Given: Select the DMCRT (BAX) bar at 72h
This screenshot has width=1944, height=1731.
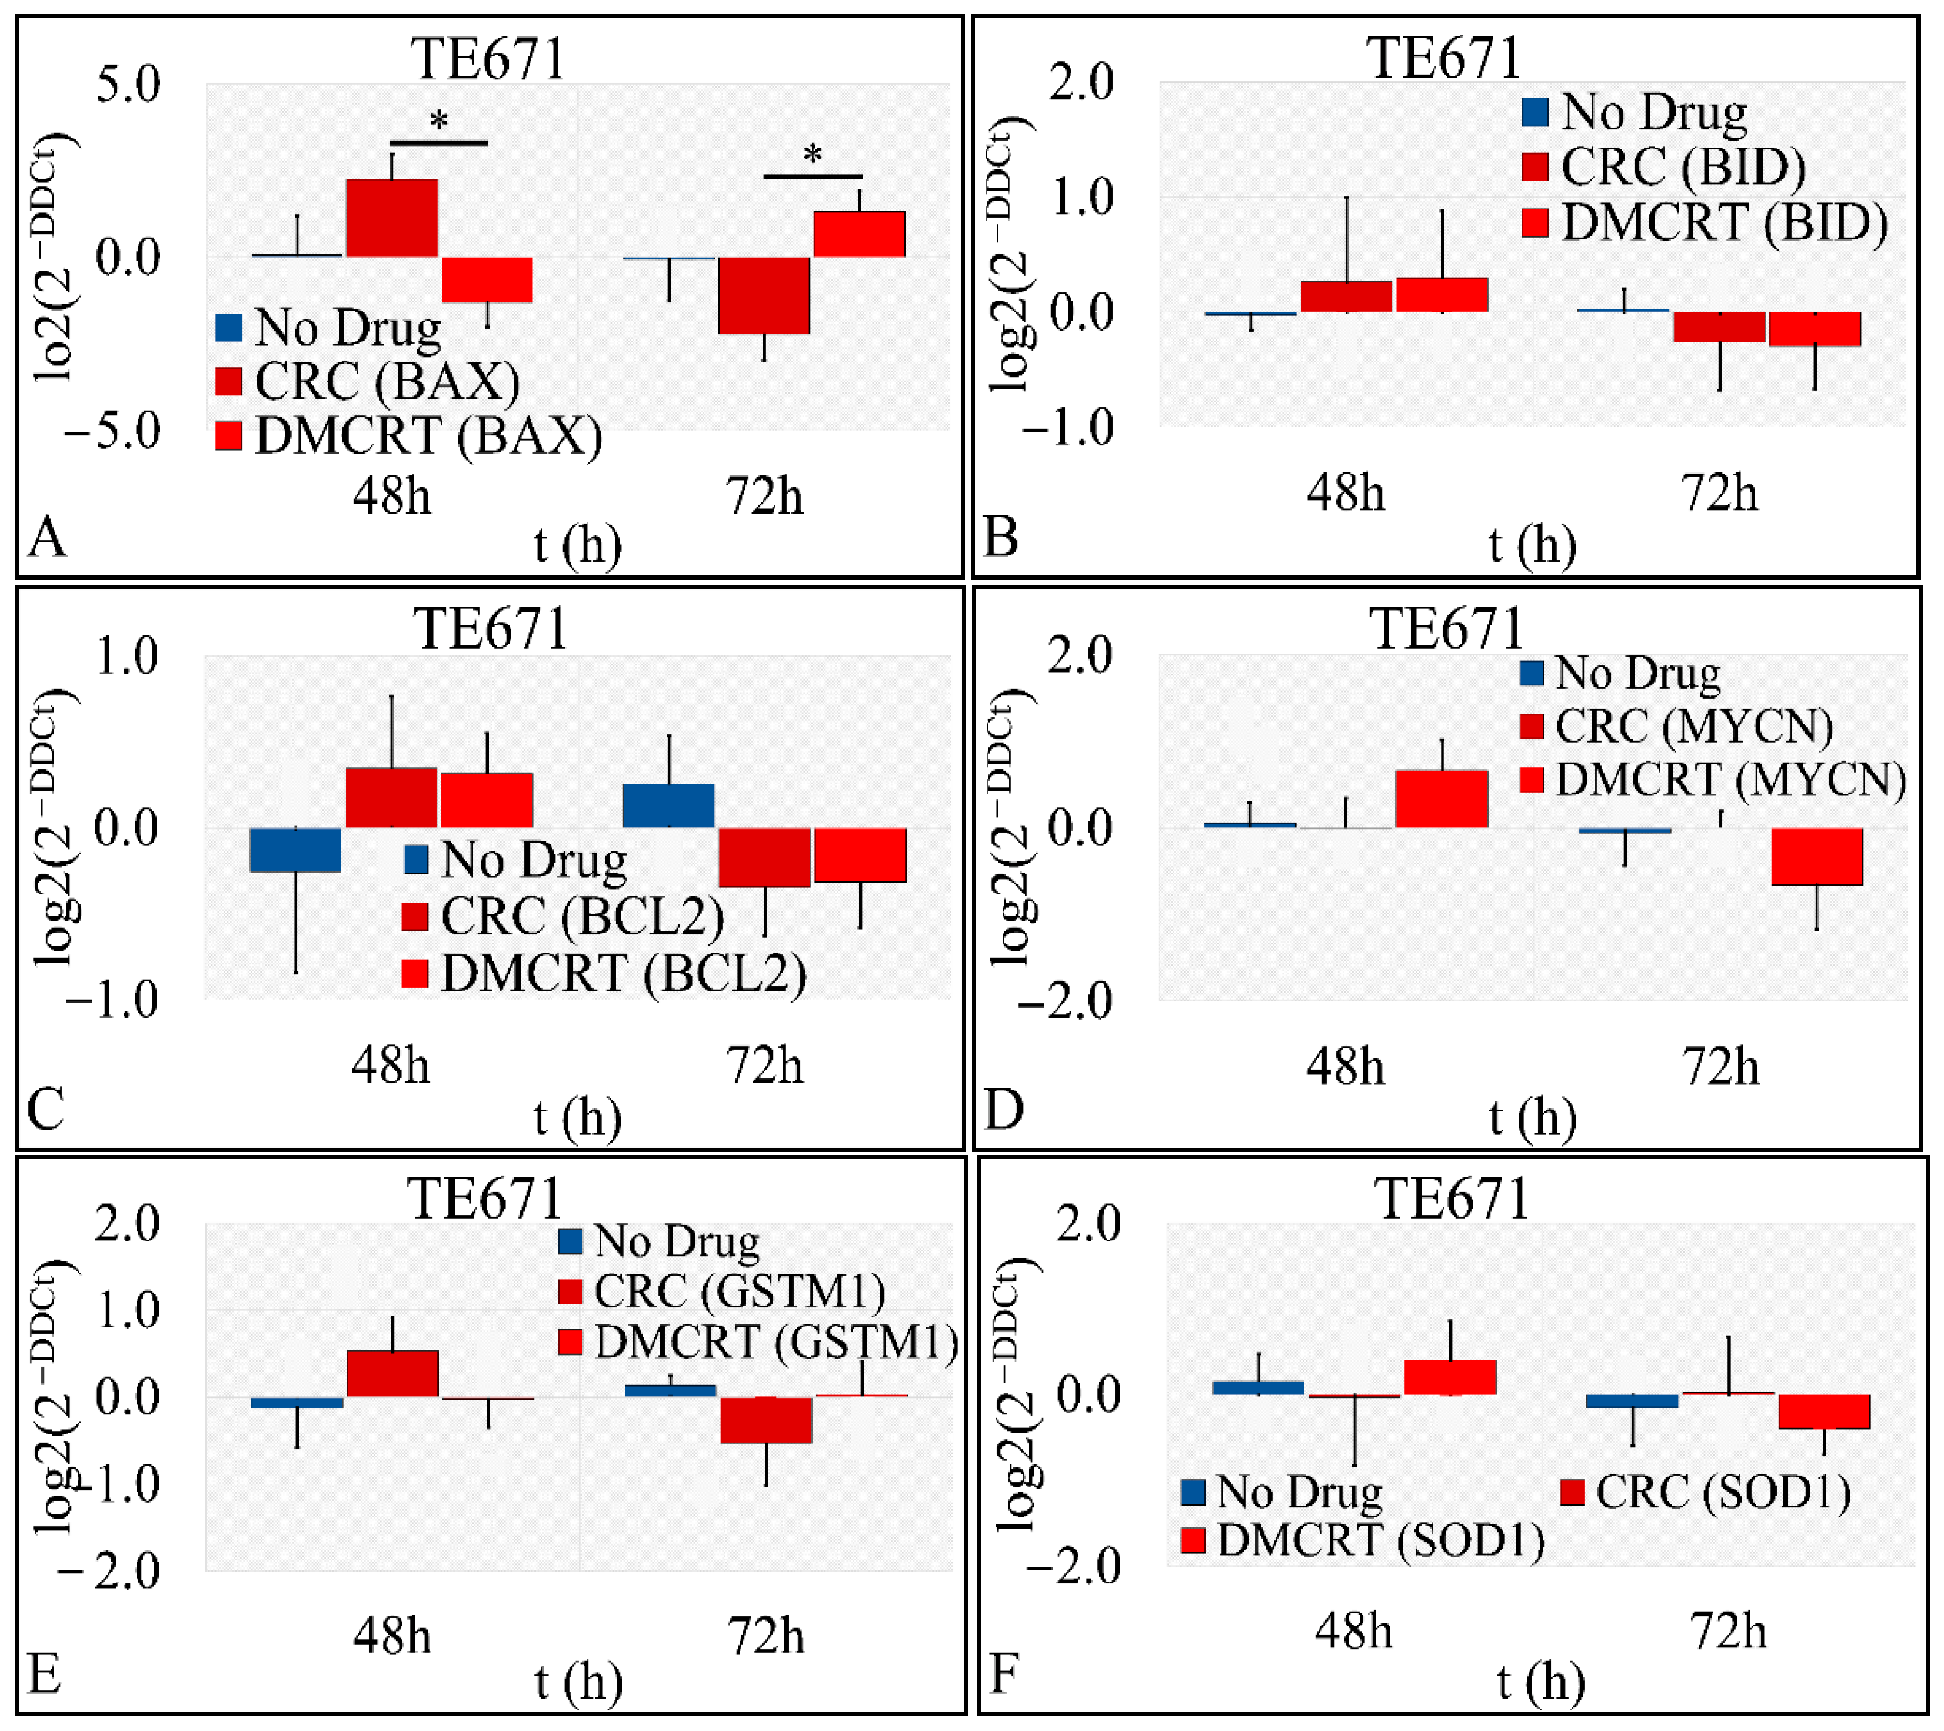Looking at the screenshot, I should pos(859,234).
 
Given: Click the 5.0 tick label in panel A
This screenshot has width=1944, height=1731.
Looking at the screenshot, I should pos(128,85).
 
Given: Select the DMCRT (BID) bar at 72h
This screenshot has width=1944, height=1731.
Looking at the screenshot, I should pos(1815,329).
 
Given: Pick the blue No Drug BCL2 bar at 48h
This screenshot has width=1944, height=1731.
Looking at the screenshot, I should pos(296,850).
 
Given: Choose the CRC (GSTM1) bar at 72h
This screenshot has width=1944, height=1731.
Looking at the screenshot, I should pos(765,1420).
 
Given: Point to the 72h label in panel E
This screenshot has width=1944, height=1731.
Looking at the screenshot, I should pos(765,1636).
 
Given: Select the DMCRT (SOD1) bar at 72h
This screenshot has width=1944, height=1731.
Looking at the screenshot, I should pos(1824,1412).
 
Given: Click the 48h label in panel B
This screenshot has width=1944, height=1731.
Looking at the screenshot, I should pos(1345,492).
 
